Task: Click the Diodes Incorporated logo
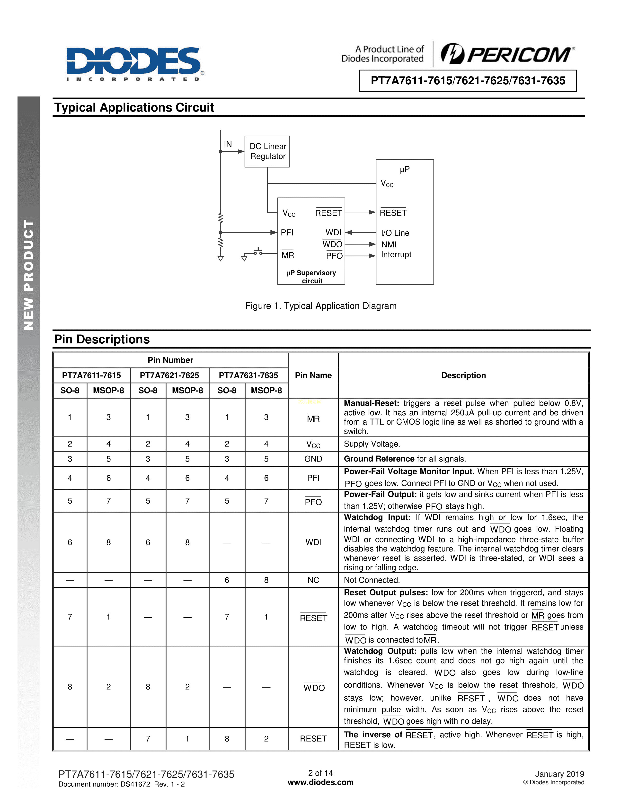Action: [134, 63]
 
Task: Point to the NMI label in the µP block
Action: [389, 244]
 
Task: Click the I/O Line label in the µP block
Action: [395, 233]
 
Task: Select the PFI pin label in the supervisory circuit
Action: [287, 232]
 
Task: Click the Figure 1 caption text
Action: [321, 306]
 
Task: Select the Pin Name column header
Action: [313, 375]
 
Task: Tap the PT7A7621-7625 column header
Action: [169, 375]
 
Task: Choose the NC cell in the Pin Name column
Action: [313, 580]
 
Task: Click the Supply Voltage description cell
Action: [372, 444]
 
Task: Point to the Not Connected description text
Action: [372, 580]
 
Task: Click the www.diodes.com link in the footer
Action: [320, 783]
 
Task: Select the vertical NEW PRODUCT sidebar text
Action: [29, 274]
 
